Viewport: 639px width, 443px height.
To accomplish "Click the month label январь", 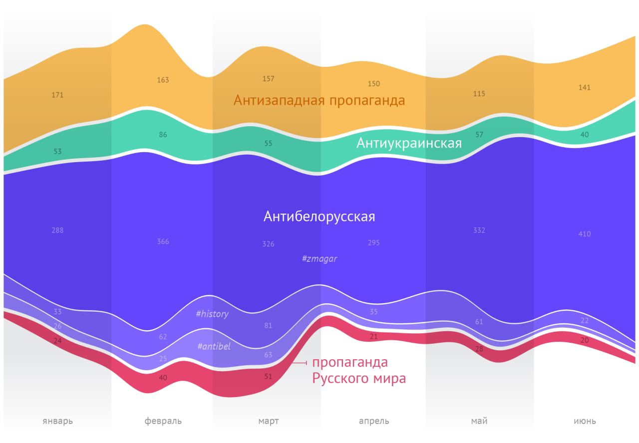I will [57, 421].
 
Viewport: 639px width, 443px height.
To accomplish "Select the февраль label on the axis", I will [163, 421].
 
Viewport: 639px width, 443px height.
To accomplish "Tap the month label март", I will [268, 421].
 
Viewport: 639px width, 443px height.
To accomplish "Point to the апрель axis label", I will [374, 421].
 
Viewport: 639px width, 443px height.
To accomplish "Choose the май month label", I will [479, 421].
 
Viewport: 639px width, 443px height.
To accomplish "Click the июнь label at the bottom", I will [585, 421].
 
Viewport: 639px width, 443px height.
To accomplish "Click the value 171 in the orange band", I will [57, 95].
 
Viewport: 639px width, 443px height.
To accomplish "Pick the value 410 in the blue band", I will [585, 234].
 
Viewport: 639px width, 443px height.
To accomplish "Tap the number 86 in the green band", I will [163, 135].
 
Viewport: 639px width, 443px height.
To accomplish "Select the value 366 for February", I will [163, 241].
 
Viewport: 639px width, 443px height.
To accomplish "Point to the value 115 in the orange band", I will [479, 94].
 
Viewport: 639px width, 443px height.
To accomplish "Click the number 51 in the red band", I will [268, 377].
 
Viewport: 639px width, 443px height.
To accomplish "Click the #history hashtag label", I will [212, 314].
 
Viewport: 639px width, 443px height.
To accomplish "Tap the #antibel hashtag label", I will [214, 346].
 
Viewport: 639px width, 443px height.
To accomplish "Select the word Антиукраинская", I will [409, 144].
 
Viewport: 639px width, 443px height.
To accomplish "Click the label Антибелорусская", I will [319, 217].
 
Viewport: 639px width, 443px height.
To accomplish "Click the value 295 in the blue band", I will [374, 243].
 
